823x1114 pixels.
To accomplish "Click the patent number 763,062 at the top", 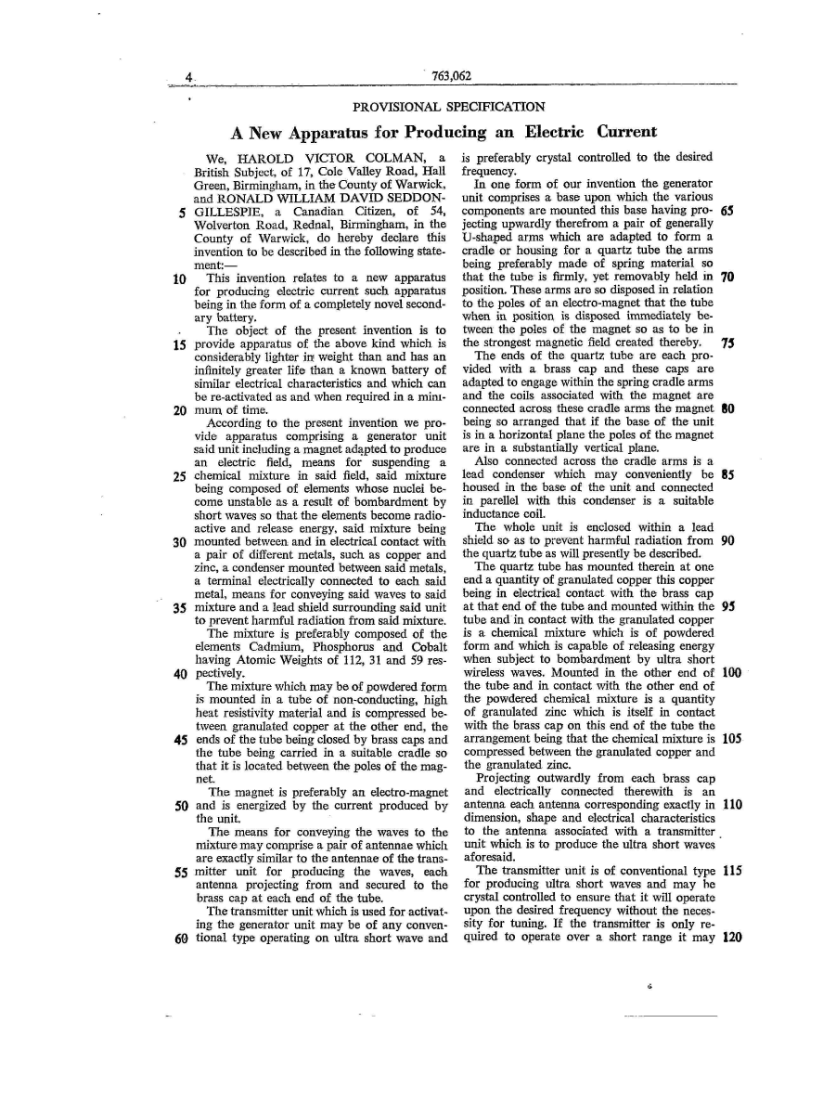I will tap(445, 77).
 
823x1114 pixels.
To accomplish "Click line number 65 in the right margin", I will tap(727, 211).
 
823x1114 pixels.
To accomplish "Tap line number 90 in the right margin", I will tap(727, 542).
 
